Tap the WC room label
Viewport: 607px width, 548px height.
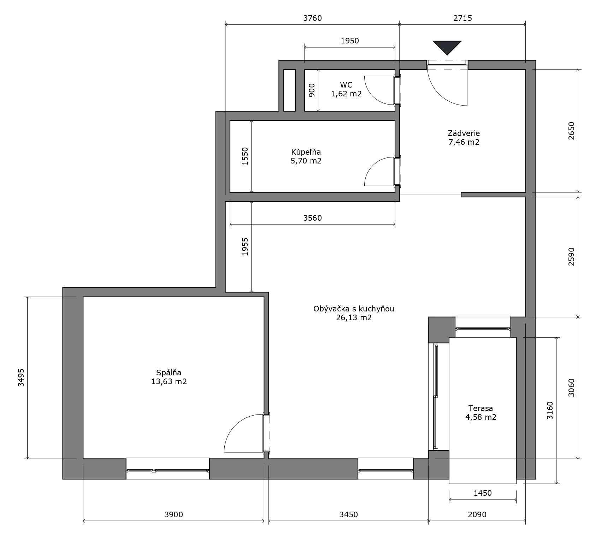point(346,85)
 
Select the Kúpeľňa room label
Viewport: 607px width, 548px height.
point(306,152)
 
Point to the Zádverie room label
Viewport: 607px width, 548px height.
point(464,133)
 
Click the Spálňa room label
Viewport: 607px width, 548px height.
point(169,373)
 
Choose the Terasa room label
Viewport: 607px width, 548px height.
point(481,409)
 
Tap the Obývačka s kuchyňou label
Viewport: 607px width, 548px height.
point(354,309)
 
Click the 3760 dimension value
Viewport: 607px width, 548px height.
point(313,18)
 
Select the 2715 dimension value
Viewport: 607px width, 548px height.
point(463,18)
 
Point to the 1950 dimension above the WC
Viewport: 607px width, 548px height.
point(350,41)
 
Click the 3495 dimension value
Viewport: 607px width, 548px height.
point(21,377)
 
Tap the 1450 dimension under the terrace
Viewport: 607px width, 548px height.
point(483,493)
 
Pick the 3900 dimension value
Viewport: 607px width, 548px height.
point(174,514)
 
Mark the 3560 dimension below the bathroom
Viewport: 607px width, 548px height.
point(313,218)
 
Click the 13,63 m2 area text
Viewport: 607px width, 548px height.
point(169,381)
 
